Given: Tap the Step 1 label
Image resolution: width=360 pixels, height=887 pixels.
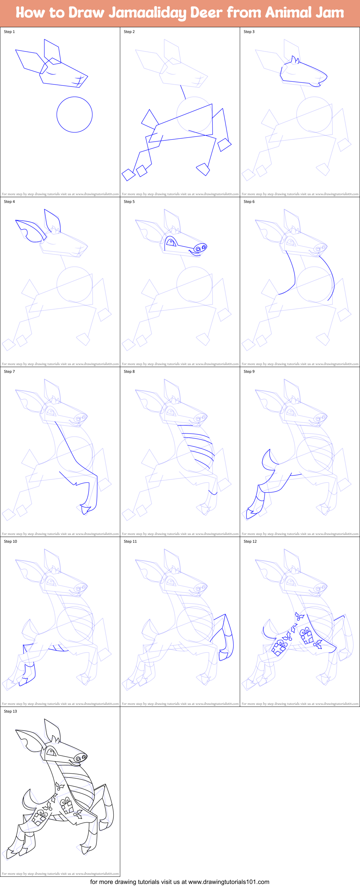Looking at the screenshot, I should tap(9, 32).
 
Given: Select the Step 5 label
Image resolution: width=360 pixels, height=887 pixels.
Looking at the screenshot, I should tap(129, 202).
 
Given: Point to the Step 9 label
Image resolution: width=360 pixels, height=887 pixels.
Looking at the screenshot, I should tap(249, 371).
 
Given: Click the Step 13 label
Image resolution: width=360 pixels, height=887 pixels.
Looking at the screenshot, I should tap(10, 711).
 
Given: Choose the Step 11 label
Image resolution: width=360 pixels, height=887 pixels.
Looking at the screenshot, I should tap(130, 542).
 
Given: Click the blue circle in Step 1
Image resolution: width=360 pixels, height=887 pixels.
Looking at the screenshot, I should tap(74, 114).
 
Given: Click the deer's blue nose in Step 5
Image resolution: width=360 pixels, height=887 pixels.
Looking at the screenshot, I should tap(200, 248).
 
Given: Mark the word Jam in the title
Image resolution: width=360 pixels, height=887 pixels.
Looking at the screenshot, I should tap(329, 13).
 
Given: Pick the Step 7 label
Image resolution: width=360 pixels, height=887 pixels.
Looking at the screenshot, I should tap(9, 371).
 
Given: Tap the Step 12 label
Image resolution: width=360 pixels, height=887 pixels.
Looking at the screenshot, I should tap(250, 542).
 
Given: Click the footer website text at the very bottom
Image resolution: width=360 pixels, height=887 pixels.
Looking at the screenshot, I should tap(179, 882).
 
